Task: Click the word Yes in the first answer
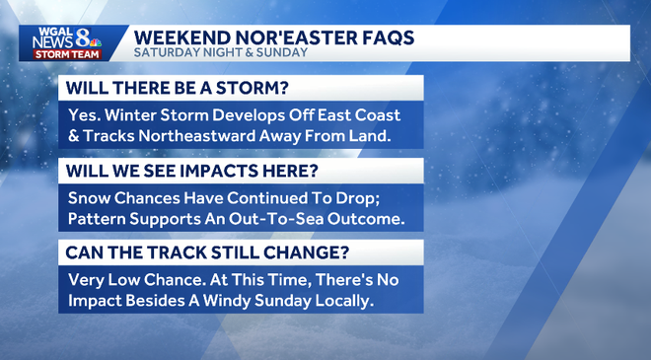[85, 114]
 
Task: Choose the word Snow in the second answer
[90, 197]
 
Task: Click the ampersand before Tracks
[75, 135]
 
